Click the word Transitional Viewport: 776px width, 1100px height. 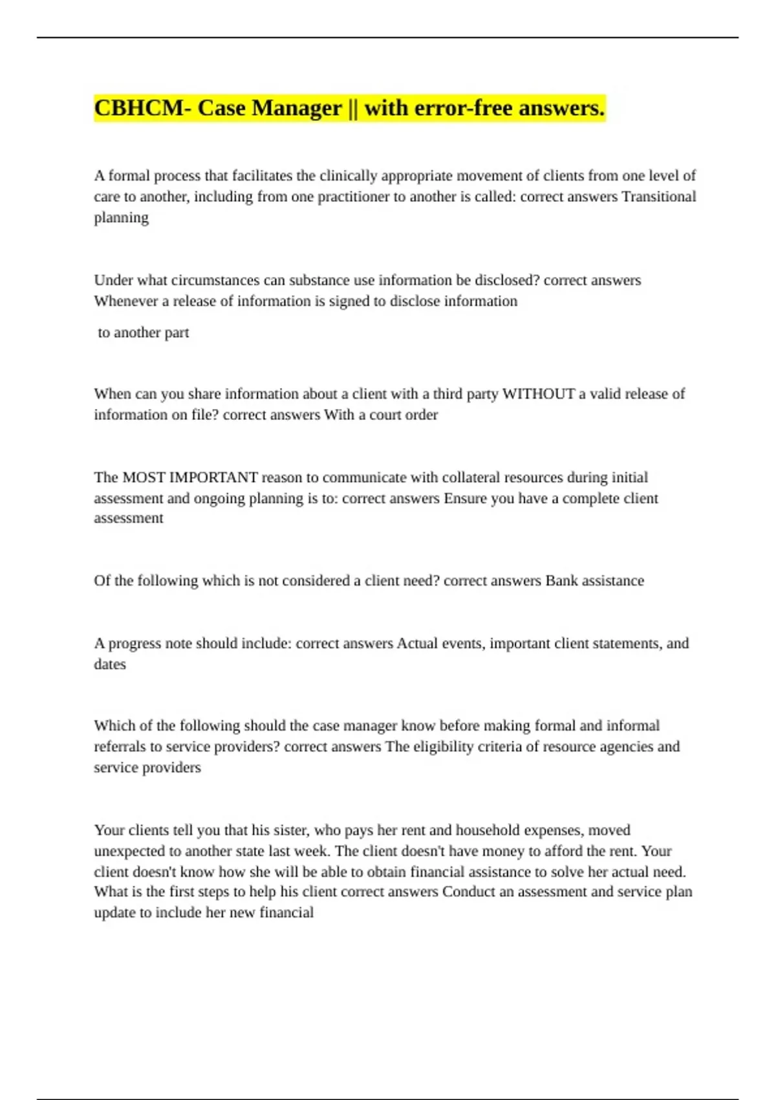(658, 197)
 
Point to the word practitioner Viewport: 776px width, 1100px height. (353, 197)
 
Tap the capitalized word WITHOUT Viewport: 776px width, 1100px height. (539, 394)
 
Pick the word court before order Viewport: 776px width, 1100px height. (387, 415)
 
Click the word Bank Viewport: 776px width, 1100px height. (561, 580)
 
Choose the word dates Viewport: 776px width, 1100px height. (110, 664)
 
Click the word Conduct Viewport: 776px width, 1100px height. (469, 892)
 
